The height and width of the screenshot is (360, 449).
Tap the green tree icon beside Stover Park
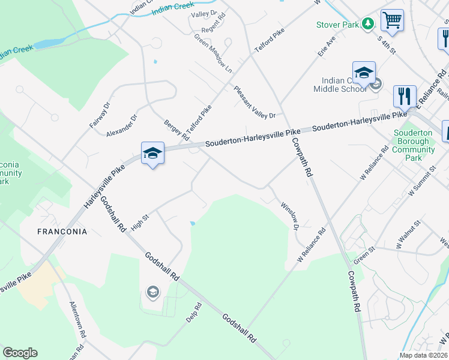(x=367, y=24)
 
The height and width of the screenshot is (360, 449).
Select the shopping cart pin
(x=392, y=20)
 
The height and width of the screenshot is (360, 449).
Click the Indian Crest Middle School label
(x=340, y=85)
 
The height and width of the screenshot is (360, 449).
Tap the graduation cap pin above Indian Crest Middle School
(x=364, y=73)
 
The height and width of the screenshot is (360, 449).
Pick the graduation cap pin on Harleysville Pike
(x=152, y=153)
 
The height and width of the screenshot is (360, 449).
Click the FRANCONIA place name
(x=62, y=232)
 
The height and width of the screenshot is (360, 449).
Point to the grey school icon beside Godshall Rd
(x=152, y=292)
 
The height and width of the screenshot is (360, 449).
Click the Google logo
(x=20, y=353)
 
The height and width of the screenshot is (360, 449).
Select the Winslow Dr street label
(x=289, y=215)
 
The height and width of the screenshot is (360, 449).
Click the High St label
(x=139, y=222)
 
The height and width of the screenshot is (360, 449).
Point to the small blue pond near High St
(x=192, y=224)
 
